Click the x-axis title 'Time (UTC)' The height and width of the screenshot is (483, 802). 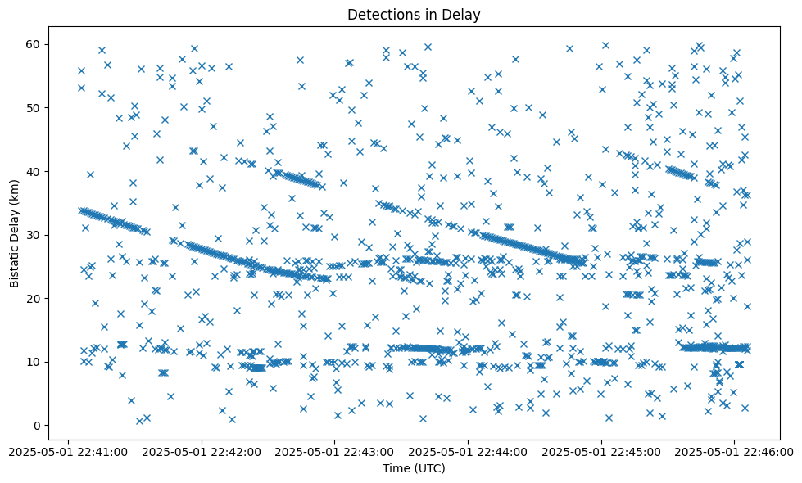click(414, 469)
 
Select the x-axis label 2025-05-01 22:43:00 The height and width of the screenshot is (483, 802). click(334, 451)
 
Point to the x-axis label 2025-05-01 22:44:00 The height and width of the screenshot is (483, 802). click(468, 451)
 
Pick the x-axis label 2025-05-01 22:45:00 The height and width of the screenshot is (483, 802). click(601, 451)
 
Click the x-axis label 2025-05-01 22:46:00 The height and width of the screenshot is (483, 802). click(734, 451)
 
